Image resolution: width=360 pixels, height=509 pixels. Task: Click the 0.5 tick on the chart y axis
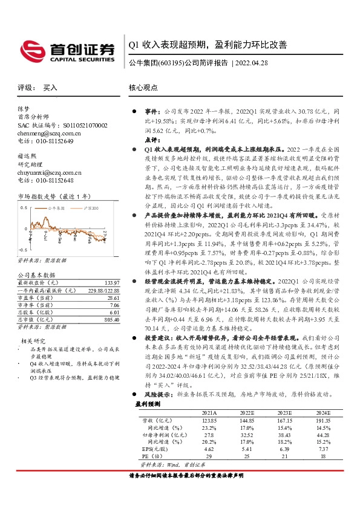point(24,207)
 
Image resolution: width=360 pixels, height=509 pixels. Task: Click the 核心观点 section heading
point(143,88)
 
